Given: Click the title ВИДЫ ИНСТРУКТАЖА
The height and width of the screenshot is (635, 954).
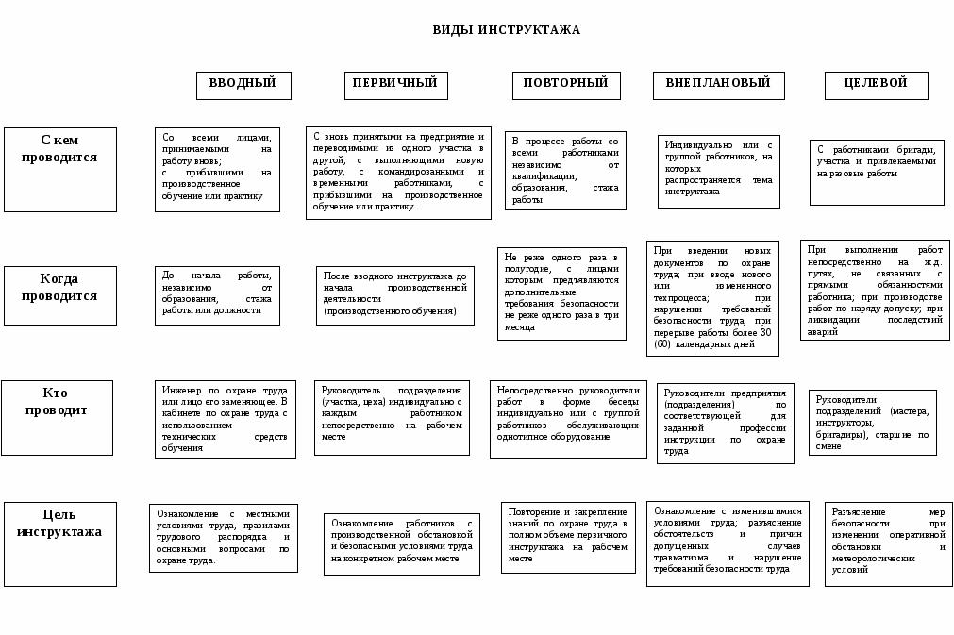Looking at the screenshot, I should (506, 30).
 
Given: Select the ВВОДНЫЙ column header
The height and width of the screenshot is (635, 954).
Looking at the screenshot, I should (243, 84).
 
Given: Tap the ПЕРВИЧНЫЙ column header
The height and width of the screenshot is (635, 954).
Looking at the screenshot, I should (395, 84).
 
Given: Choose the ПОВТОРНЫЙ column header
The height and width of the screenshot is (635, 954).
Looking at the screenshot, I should (566, 84).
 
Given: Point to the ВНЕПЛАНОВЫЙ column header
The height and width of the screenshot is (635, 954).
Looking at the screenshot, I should (718, 84).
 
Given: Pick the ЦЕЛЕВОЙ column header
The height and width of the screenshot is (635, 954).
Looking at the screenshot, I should (876, 84).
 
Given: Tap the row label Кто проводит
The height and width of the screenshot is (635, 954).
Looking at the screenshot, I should (57, 404).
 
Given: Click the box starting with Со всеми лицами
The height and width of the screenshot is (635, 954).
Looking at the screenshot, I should (217, 170).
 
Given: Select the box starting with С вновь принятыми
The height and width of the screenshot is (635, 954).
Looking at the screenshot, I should (398, 173).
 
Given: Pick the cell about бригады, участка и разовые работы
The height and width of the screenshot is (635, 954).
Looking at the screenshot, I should (877, 172).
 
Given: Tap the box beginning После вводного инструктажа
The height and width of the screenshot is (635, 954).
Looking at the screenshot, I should (394, 294).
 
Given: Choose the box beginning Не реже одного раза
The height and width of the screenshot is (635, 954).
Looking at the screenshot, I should (561, 293).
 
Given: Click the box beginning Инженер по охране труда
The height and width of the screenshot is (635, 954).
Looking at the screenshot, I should (225, 419).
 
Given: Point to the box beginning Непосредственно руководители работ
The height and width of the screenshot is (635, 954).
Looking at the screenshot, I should (568, 419).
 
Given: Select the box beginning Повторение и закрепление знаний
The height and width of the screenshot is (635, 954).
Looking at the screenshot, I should (568, 537).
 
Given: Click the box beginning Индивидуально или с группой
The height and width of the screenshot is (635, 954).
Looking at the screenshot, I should (718, 171).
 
